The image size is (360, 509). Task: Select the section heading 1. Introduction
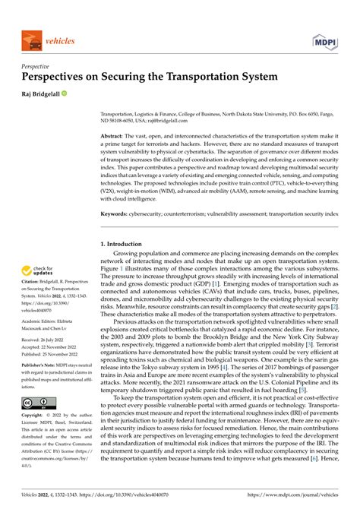125,243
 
